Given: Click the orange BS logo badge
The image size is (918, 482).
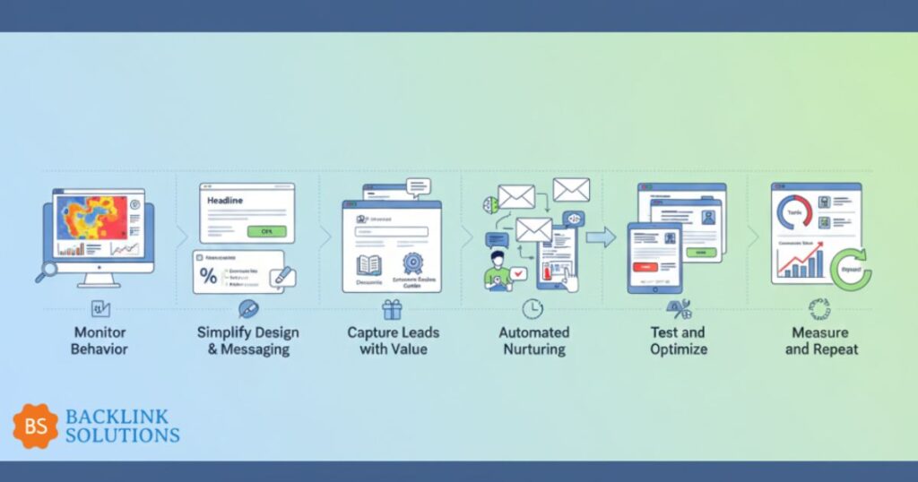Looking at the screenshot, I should tap(35, 426).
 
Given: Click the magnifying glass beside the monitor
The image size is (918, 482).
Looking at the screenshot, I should tap(46, 271).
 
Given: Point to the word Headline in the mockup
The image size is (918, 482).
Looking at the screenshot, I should tap(226, 202).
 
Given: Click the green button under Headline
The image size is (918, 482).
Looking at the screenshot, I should tap(266, 231).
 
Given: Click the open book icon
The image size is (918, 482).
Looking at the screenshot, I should tap(369, 265).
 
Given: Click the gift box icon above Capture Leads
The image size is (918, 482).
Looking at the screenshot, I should tap(392, 310).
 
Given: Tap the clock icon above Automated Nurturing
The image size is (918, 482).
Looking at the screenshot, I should tap(533, 309).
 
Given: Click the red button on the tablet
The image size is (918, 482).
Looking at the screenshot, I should tap(645, 266).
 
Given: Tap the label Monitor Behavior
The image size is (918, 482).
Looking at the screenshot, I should tap(99, 340).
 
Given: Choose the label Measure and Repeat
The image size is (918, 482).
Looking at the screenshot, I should tap(821, 340).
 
